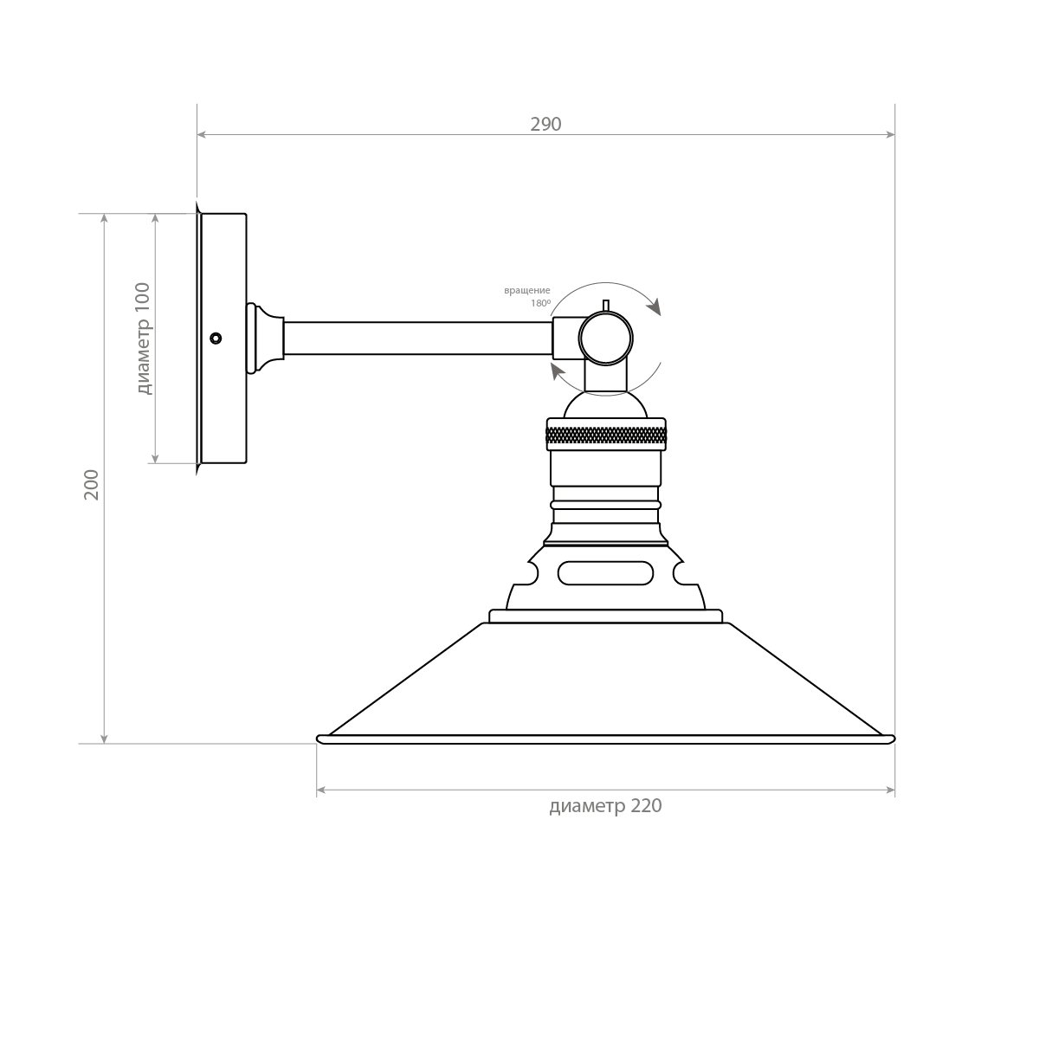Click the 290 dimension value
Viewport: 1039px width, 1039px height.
pos(545,125)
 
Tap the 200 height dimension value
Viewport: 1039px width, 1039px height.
pos(92,484)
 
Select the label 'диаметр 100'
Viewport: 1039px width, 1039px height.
pos(145,339)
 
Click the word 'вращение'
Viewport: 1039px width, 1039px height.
pos(526,291)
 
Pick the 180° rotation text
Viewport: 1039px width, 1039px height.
pos(541,303)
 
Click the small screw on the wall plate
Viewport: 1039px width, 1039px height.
pos(216,338)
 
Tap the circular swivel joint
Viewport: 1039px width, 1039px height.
pos(605,338)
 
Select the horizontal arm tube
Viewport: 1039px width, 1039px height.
pos(418,338)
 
